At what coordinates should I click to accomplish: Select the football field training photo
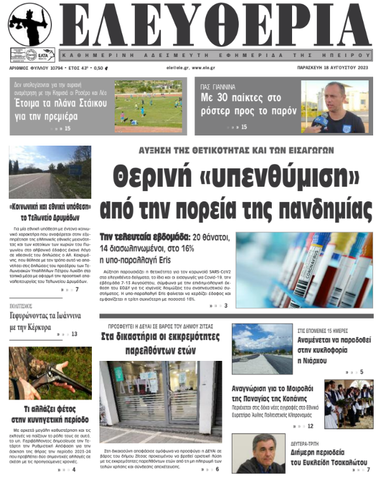coord(148,103)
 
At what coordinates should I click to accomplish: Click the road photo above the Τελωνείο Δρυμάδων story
coord(50,172)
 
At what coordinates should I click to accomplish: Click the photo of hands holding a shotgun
coord(50,377)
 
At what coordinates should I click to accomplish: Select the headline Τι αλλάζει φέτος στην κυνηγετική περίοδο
coord(50,414)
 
